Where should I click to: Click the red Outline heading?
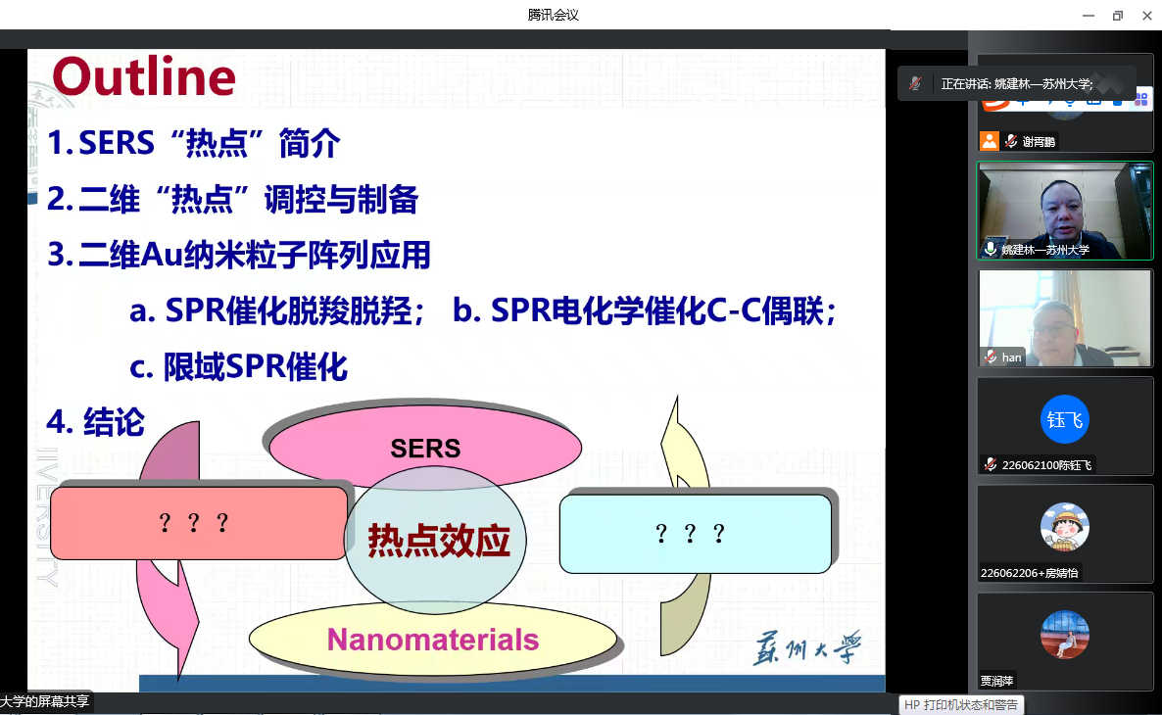144,77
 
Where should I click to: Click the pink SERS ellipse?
425,445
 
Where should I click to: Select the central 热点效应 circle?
436,540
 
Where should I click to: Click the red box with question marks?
199,523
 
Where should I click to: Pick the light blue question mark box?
695,534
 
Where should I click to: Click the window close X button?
1146,16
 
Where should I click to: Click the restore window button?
1118,16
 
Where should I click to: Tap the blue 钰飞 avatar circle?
1065,419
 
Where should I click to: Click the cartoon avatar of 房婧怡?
1065,527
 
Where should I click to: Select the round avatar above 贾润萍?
1065,635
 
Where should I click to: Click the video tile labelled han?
1065,318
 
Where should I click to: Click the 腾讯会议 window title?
553,15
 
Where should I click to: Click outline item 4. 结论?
96,422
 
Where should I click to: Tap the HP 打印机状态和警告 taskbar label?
961,704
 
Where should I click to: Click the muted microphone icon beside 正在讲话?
915,83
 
